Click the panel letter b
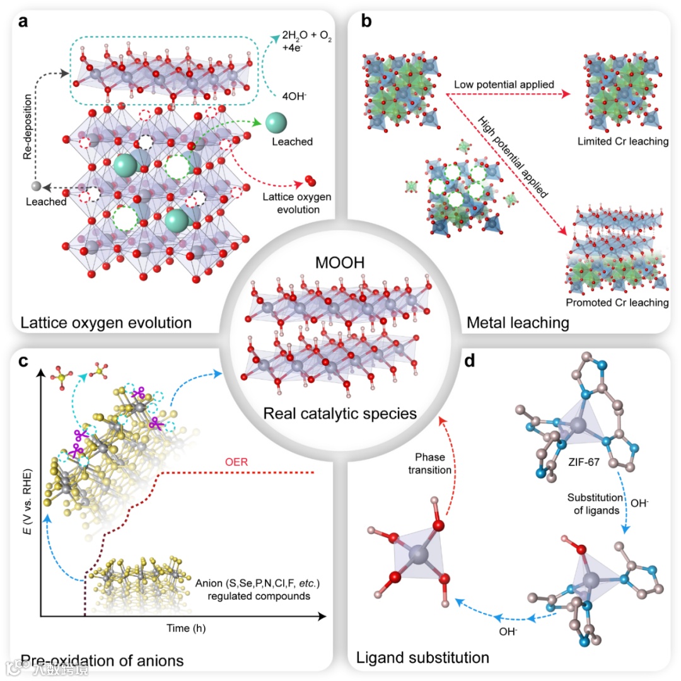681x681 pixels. click(366, 21)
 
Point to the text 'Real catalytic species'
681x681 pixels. click(340, 414)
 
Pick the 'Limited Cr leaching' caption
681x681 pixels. click(622, 141)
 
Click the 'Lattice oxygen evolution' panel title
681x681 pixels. click(106, 323)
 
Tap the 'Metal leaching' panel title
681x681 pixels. click(518, 323)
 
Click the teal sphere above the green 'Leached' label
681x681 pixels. click(277, 123)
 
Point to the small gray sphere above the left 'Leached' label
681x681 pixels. click(37, 187)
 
